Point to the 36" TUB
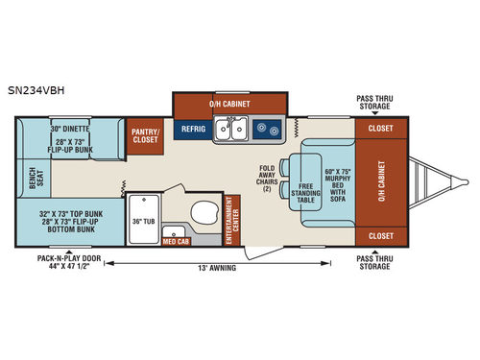point(143,221)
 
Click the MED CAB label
point(176,242)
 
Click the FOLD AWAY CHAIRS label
point(266,179)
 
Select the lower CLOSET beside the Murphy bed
point(380,234)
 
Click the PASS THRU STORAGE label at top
point(374,103)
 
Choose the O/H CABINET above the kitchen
point(229,102)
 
